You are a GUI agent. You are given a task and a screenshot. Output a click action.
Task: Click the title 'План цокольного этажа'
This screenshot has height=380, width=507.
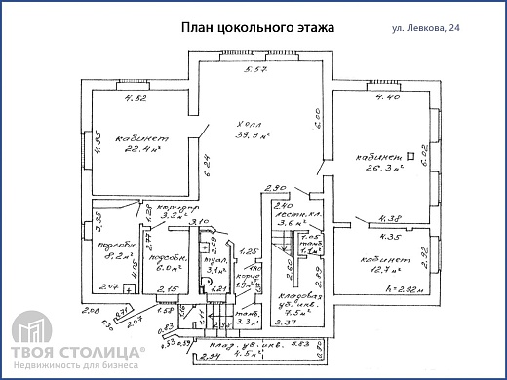point(257,28)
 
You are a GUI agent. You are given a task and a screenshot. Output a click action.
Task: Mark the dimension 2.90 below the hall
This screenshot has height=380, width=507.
point(274,187)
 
